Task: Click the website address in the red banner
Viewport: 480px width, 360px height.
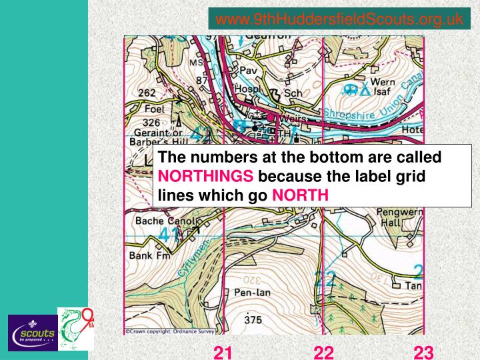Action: click(x=340, y=20)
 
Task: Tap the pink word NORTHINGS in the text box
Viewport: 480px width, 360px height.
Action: click(x=205, y=177)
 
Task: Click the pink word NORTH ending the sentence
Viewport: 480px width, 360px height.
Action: click(x=300, y=195)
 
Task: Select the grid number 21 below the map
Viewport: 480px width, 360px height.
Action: click(x=223, y=351)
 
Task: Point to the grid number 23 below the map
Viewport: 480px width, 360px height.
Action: click(x=423, y=351)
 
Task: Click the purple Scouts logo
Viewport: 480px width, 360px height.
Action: click(x=31, y=332)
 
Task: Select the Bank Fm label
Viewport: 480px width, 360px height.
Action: click(x=150, y=256)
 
